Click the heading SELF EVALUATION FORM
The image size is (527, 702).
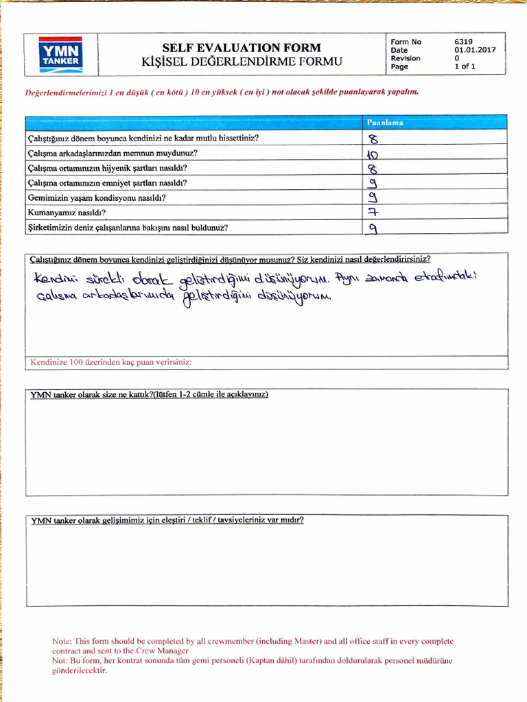(x=241, y=48)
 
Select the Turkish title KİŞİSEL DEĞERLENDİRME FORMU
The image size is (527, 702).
(x=241, y=63)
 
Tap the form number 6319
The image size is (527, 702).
(x=463, y=41)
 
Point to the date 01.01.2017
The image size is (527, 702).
(x=474, y=50)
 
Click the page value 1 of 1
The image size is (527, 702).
(x=465, y=66)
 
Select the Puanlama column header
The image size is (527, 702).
(x=384, y=123)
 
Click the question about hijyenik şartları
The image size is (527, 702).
(x=108, y=168)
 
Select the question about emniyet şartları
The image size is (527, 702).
(x=108, y=183)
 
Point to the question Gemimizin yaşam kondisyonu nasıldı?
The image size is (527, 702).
(x=96, y=198)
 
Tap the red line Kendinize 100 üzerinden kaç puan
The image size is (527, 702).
(x=110, y=361)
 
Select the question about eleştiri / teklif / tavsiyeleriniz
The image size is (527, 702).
(x=167, y=520)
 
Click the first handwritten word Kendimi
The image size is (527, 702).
(x=54, y=280)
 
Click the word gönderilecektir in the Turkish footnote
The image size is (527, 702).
(x=80, y=670)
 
